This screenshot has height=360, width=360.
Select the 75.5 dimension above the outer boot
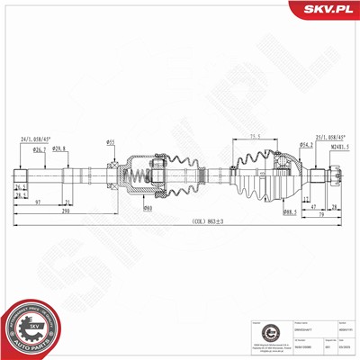[x=255, y=136]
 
